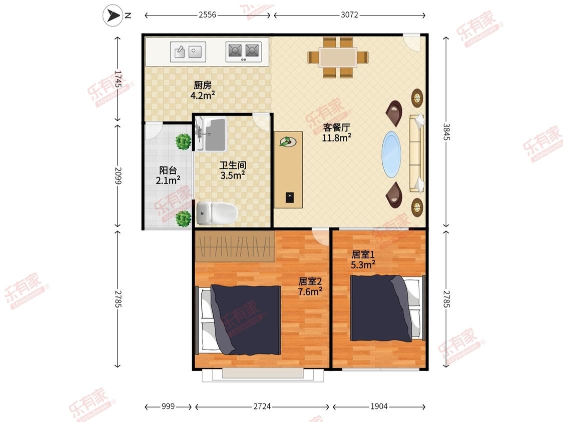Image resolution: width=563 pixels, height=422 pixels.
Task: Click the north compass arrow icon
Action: tap(113, 15)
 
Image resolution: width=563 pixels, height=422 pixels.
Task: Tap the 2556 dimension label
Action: tap(208, 14)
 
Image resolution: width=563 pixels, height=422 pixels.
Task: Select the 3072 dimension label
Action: tap(349, 14)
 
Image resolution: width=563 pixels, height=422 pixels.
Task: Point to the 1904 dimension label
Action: tap(379, 406)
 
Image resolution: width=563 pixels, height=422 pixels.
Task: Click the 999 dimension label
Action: tap(168, 406)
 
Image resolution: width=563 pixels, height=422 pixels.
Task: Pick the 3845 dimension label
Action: tap(446, 131)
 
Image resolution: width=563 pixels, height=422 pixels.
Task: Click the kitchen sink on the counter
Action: tap(188, 51)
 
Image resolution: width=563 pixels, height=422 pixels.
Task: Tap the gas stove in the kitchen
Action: tap(243, 51)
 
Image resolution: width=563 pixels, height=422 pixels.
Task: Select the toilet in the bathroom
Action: tap(217, 213)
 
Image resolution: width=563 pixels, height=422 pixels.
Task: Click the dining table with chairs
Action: tap(337, 57)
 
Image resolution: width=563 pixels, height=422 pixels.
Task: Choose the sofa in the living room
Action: tap(416, 153)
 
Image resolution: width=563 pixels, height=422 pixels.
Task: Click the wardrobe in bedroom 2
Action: tap(235, 246)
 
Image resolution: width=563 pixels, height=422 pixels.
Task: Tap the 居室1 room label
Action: tap(363, 254)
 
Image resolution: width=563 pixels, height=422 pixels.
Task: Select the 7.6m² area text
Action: tap(310, 291)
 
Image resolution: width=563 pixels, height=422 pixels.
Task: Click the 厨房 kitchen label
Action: tap(203, 85)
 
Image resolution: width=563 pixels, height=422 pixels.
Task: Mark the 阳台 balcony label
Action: tap(168, 170)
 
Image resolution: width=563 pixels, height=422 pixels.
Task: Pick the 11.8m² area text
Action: tap(336, 137)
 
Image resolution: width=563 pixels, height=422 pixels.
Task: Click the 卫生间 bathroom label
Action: tap(233, 165)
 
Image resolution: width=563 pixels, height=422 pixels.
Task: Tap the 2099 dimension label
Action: tap(118, 175)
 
